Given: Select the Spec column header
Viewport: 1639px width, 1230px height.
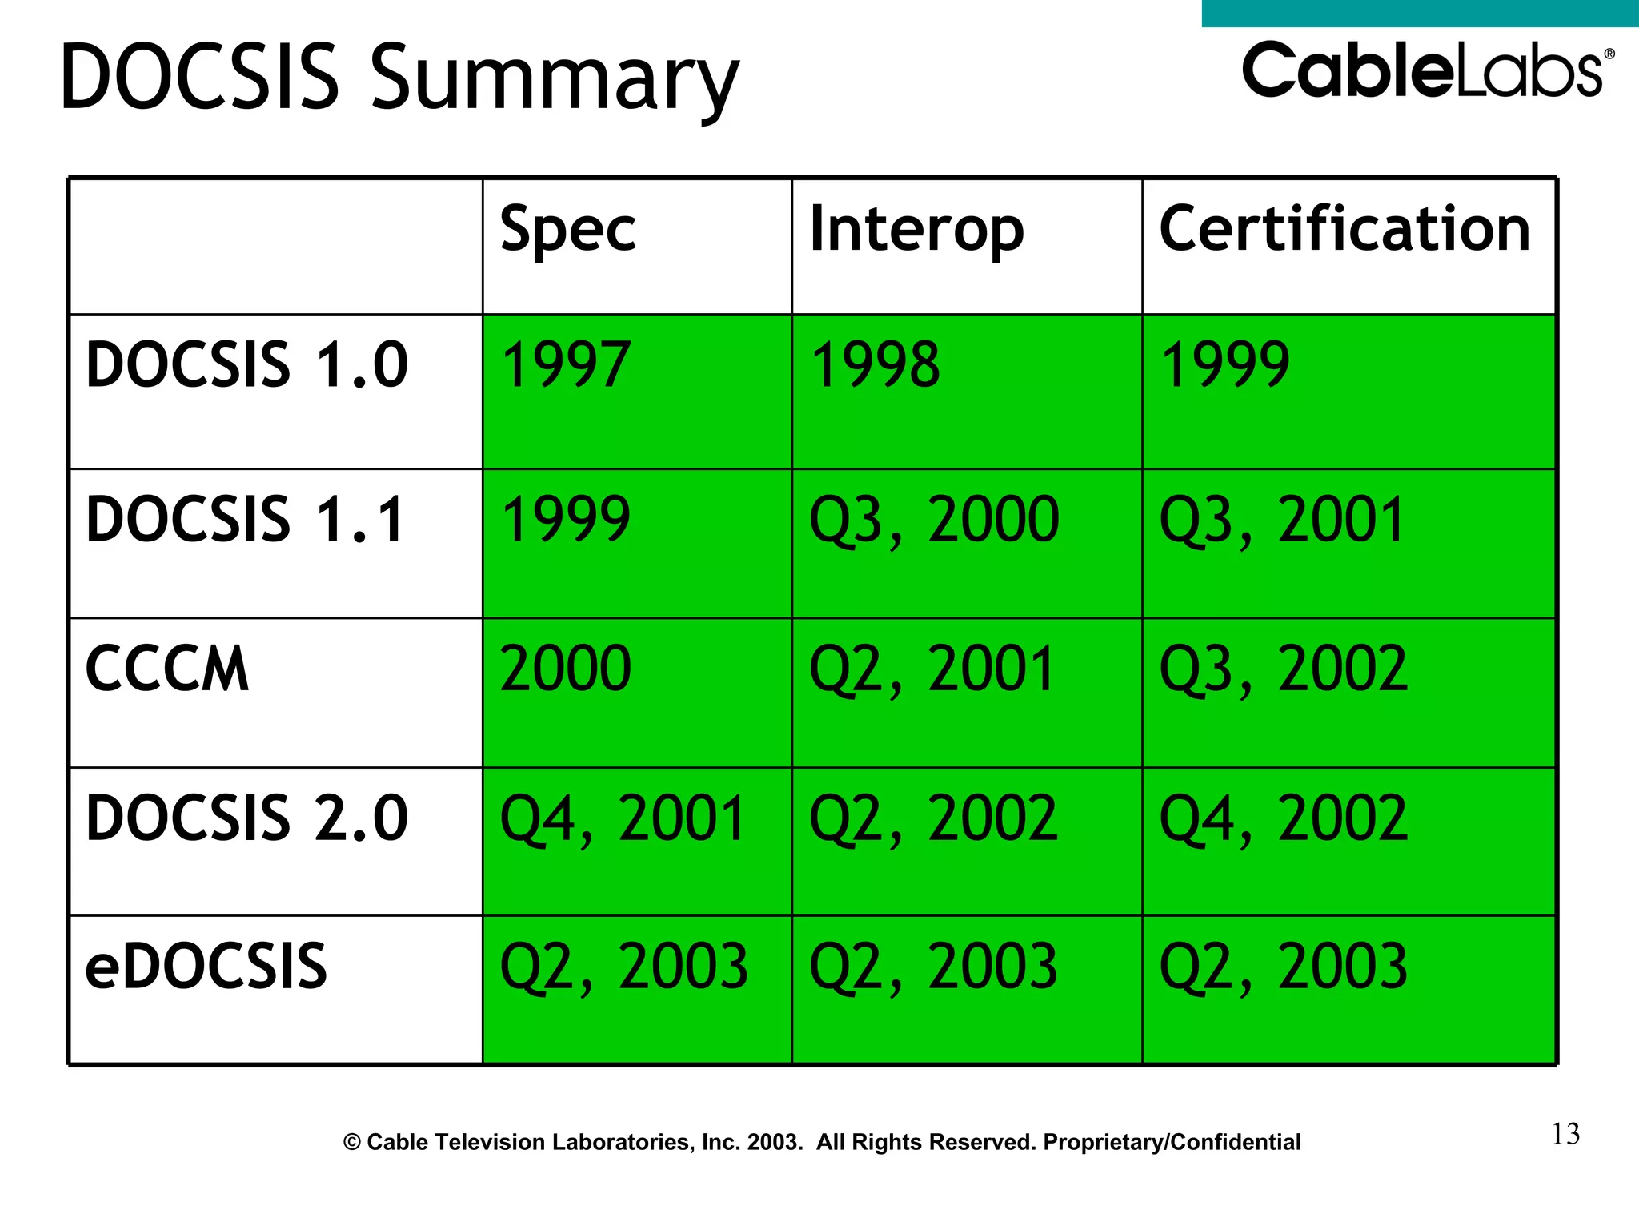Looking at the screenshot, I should coord(567,230).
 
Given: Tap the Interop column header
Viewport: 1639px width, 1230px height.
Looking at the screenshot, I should coord(916,230).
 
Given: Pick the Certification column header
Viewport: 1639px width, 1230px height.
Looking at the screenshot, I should coord(1344,229).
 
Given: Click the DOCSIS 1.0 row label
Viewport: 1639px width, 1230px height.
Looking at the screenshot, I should coord(246,365).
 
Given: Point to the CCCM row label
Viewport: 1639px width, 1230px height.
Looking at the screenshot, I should coord(167,669).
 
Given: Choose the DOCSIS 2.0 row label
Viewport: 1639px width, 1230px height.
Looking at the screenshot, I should coord(246,818).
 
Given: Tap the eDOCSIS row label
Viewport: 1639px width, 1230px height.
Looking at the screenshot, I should coord(206,967).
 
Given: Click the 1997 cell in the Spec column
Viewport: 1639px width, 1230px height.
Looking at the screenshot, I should coord(565,365).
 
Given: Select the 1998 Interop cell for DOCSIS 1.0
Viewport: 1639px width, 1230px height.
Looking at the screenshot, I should coord(875,365).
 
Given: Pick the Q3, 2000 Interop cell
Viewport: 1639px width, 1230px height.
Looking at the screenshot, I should coord(934,521).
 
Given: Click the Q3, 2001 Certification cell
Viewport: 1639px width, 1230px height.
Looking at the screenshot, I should coord(1282,521).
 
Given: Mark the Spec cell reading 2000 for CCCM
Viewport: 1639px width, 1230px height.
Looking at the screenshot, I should coord(565,669).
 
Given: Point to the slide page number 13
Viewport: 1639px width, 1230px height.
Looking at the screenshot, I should coord(1565,1134).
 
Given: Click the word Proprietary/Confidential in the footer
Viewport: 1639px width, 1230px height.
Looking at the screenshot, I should coord(1172,1142).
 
